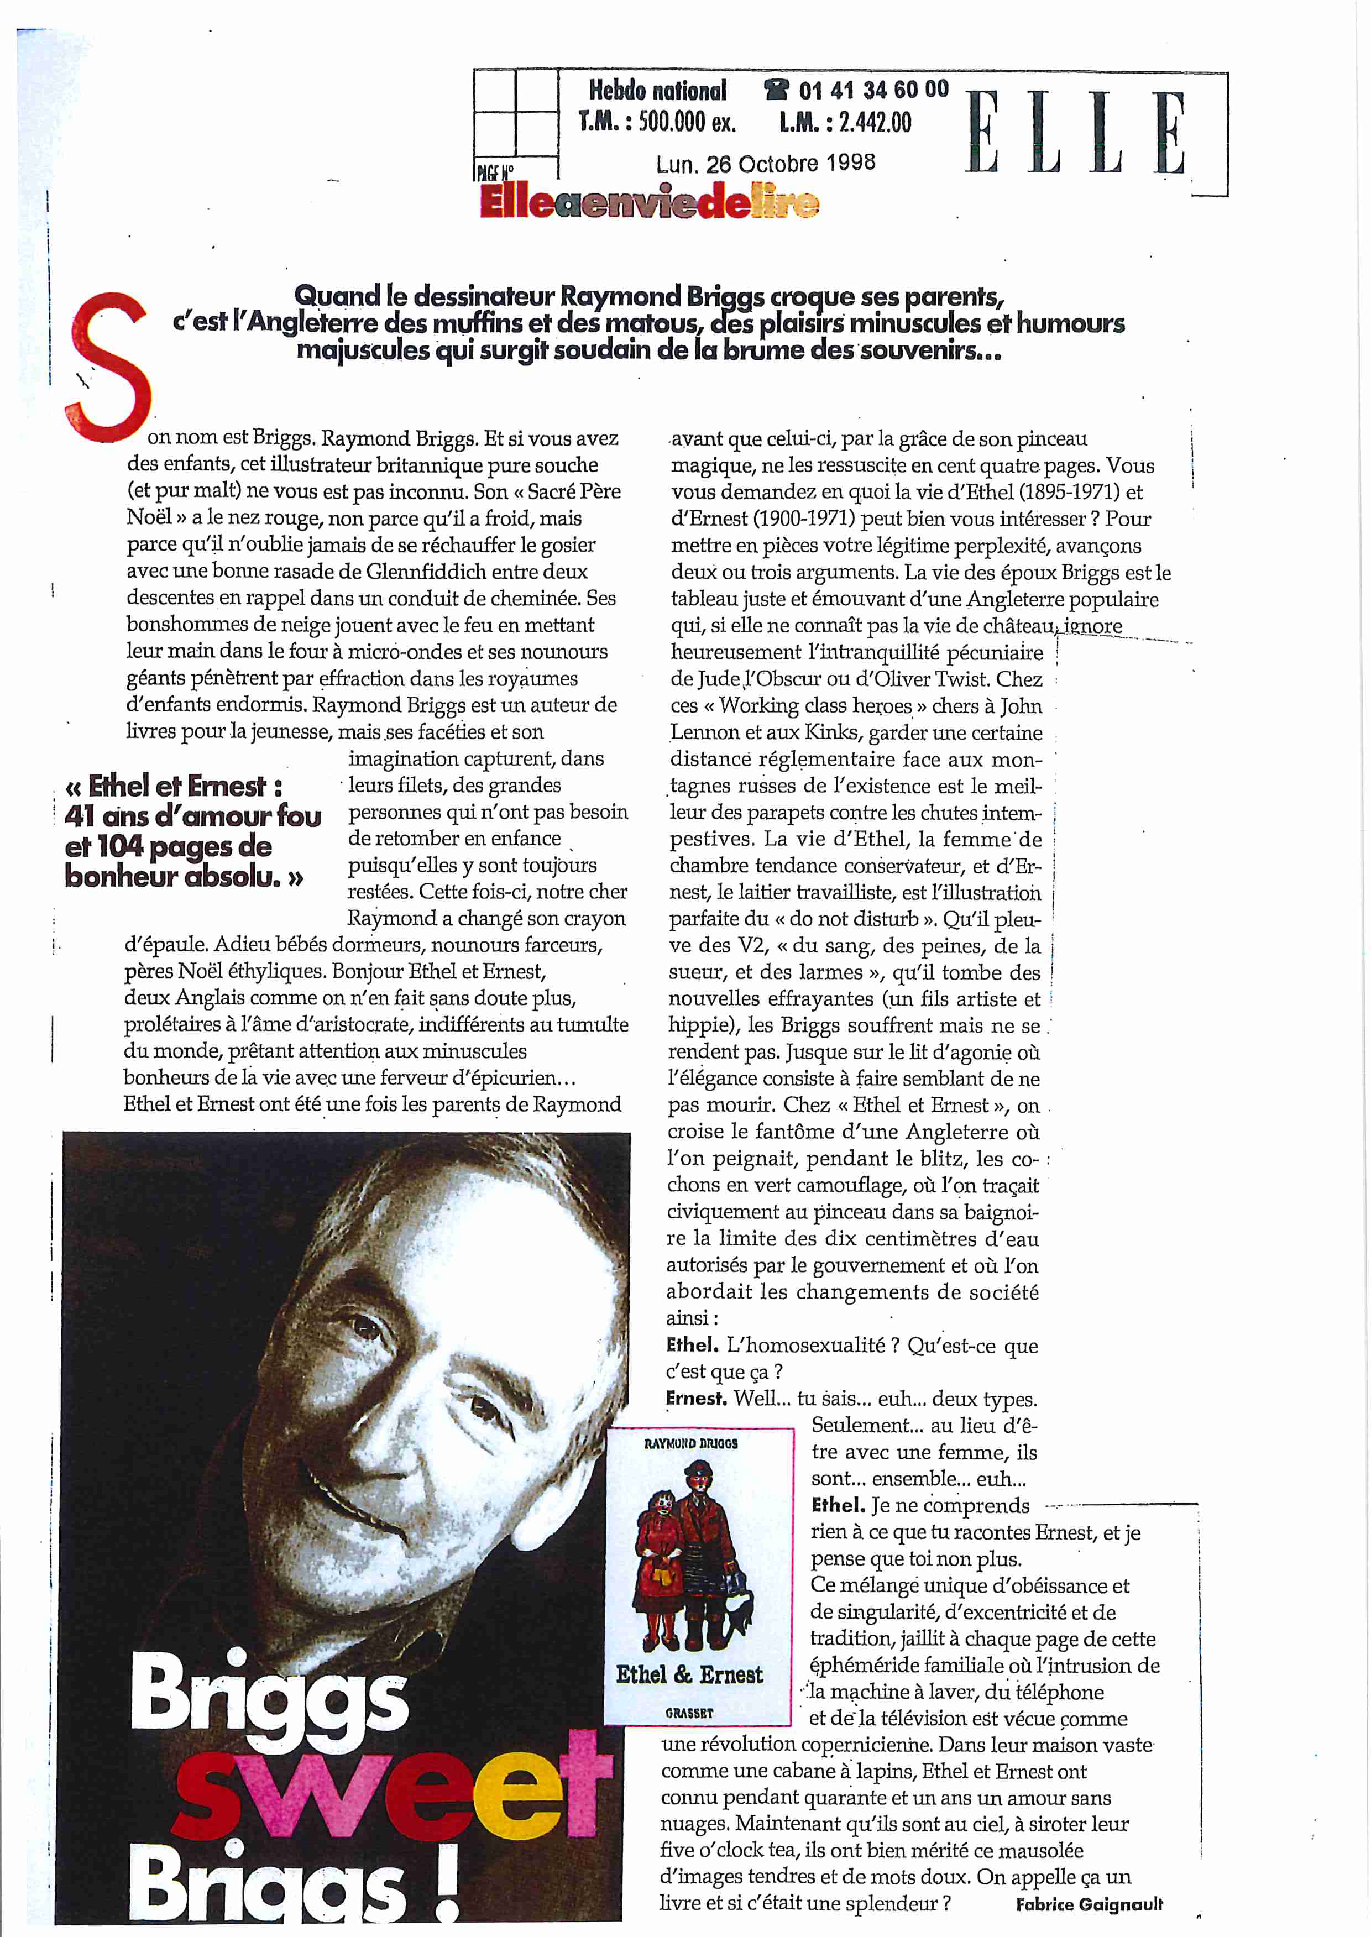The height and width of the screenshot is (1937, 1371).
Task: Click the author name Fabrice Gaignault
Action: click(x=1089, y=1904)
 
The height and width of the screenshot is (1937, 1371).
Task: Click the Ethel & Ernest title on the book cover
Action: click(x=689, y=1674)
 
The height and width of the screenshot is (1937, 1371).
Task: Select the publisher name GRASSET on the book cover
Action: click(x=689, y=1713)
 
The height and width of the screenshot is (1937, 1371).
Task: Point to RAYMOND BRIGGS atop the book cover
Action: click(x=690, y=1443)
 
